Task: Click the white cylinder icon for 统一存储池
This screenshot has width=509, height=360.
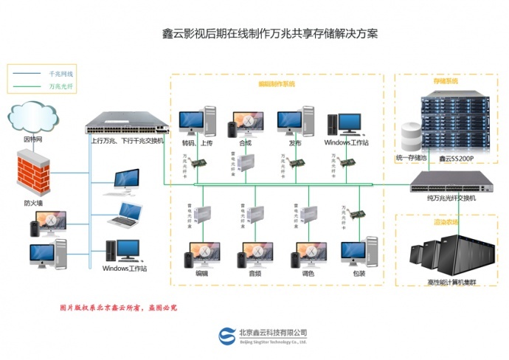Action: tap(410, 138)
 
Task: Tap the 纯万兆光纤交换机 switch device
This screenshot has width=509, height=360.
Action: tap(448, 179)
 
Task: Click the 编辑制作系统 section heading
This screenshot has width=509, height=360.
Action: tap(277, 84)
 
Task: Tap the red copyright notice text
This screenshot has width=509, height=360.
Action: tap(117, 308)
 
